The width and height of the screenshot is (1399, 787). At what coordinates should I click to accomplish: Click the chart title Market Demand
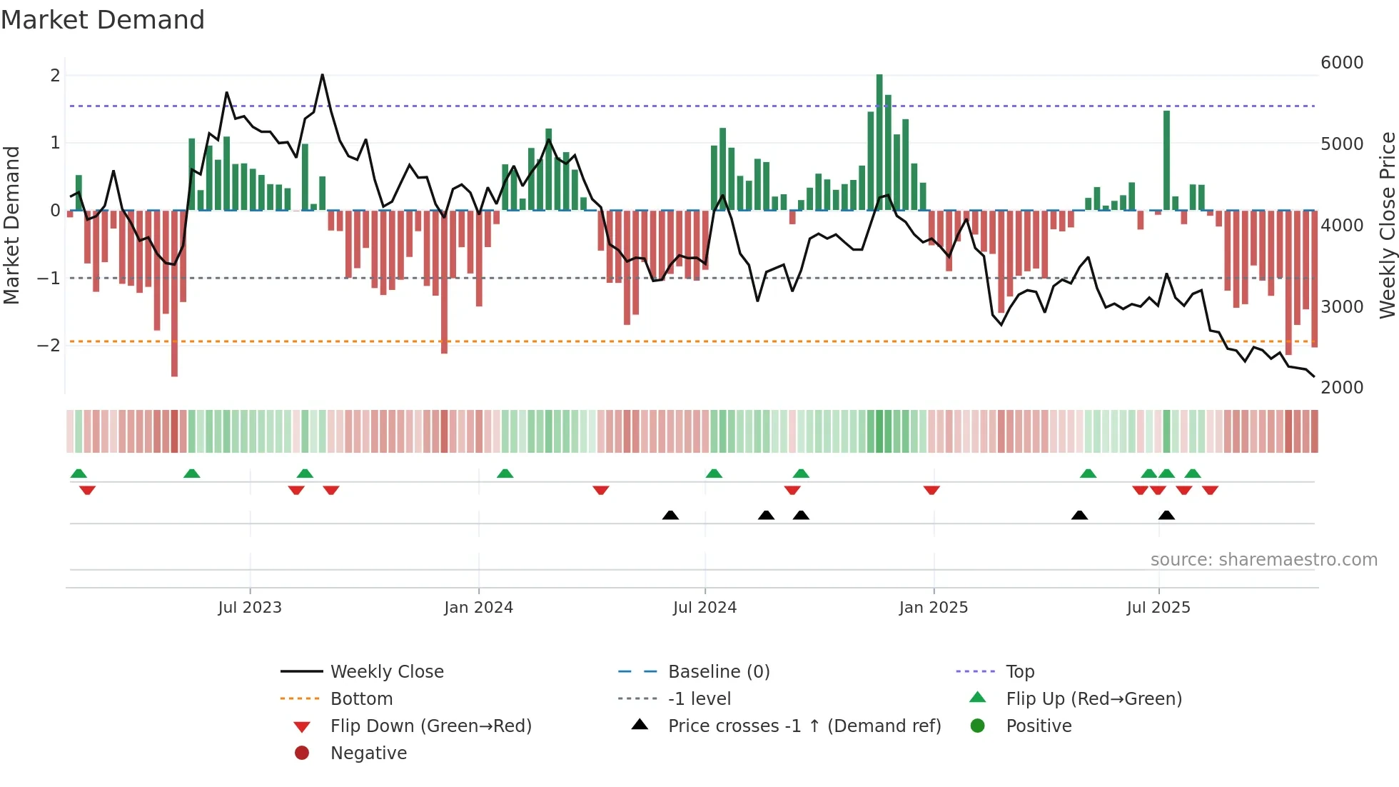[x=103, y=20]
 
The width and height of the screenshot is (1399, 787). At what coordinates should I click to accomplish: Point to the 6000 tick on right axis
[x=1341, y=63]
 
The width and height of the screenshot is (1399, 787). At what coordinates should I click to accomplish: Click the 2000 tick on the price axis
[x=1341, y=387]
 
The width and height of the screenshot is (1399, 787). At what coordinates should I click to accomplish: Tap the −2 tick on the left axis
[x=49, y=346]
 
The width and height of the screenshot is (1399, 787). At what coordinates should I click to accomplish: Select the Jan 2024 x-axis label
[x=478, y=607]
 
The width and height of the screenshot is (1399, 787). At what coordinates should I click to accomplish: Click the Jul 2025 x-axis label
[x=1158, y=607]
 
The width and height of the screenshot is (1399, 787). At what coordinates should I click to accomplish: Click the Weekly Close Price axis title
[x=1387, y=225]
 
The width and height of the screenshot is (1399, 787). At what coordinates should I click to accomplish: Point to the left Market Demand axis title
[x=11, y=225]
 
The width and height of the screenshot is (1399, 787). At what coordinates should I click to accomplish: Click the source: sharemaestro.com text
[x=1263, y=560]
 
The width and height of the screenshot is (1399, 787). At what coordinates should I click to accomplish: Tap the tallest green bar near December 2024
[x=879, y=143]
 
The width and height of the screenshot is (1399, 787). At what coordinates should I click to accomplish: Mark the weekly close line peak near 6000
[x=323, y=75]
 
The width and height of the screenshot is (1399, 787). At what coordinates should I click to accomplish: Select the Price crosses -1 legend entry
[x=804, y=726]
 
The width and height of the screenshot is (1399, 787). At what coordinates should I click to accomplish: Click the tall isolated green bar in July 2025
[x=1166, y=161]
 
